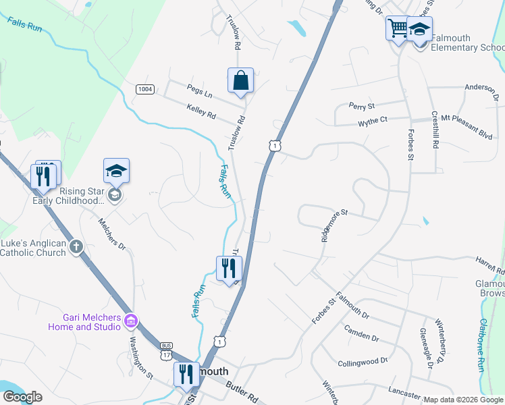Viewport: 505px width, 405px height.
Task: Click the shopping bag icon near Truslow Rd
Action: point(240,80)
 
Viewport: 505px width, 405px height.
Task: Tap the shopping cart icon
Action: point(398,29)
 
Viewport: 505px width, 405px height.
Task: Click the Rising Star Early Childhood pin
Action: point(116,172)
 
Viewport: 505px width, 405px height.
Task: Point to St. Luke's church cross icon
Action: point(76,246)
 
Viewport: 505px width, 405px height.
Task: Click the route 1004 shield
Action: point(144,89)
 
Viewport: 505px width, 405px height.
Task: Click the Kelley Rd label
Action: point(201,111)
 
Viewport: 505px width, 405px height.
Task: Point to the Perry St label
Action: point(361,106)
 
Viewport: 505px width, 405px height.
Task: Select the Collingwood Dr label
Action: point(363,362)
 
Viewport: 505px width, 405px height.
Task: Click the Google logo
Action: point(22,396)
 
